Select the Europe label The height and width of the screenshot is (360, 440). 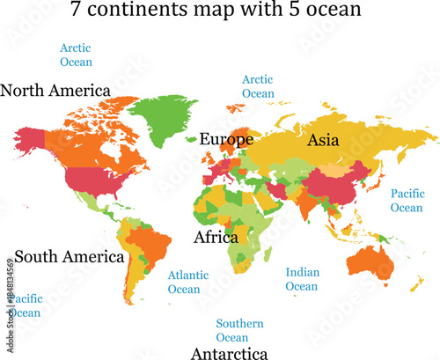pyautogui.click(x=226, y=139)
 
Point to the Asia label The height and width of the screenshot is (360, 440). pyautogui.click(x=324, y=139)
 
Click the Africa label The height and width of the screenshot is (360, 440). pyautogui.click(x=216, y=237)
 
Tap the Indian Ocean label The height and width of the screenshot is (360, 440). pyautogui.click(x=302, y=279)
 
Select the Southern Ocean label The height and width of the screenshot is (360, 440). pyautogui.click(x=239, y=330)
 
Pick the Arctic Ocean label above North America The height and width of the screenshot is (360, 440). pyautogui.click(x=76, y=55)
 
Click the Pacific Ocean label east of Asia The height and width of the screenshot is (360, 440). pyautogui.click(x=407, y=200)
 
